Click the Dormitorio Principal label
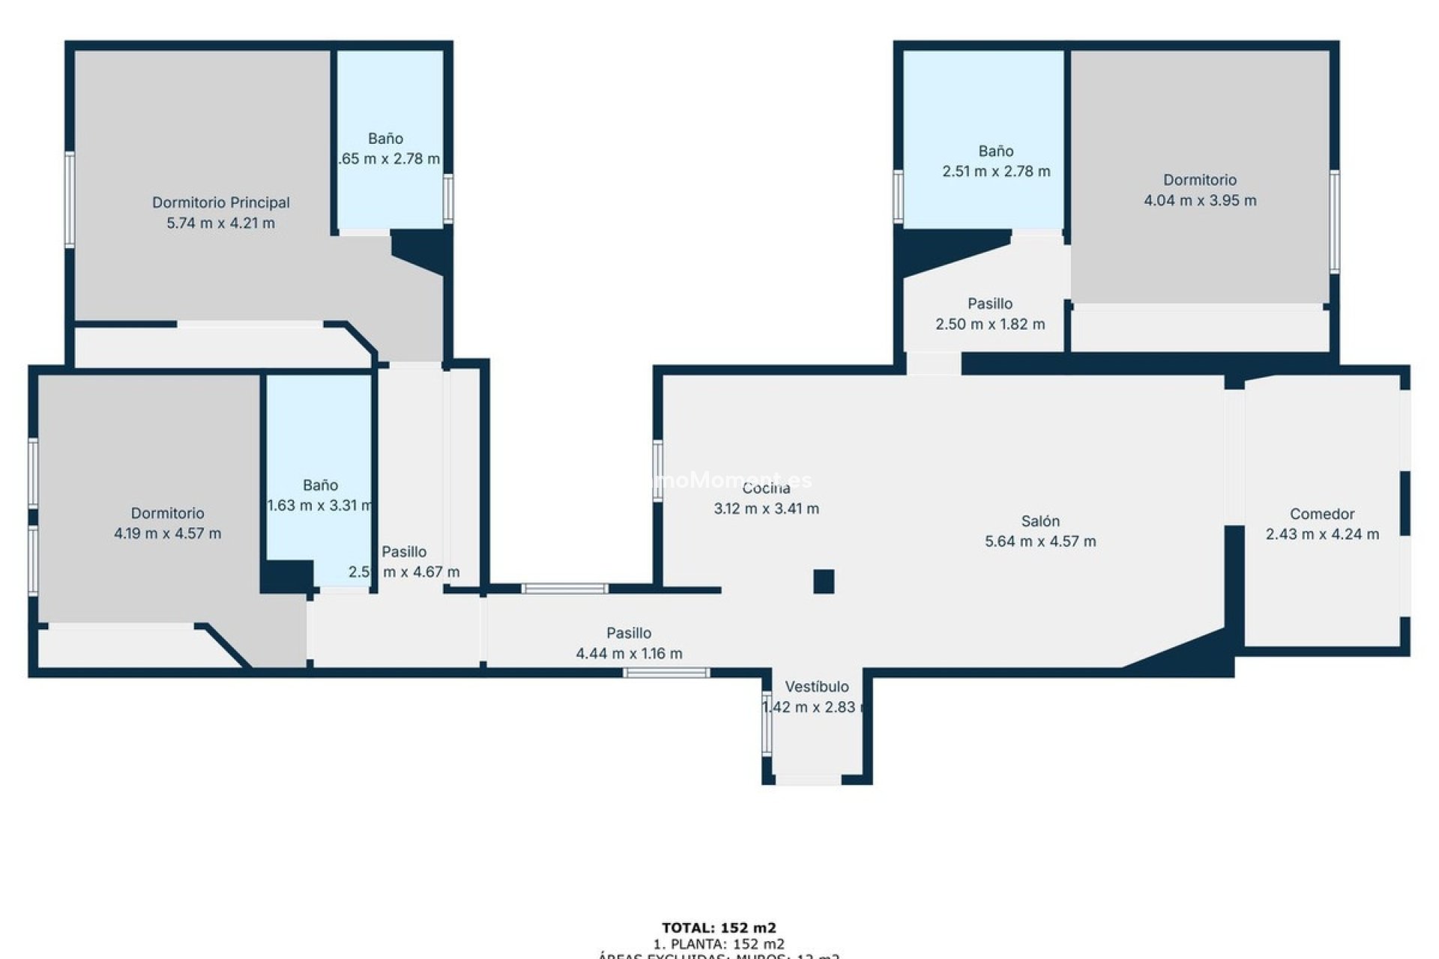(x=220, y=202)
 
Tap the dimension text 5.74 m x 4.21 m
(x=220, y=223)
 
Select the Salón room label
(x=1040, y=521)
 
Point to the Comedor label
(x=1322, y=514)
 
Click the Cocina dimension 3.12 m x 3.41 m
(x=766, y=509)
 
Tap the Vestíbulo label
(x=817, y=686)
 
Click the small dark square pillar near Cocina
(x=824, y=581)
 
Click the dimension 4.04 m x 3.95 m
(x=1200, y=201)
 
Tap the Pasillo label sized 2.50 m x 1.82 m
(x=989, y=303)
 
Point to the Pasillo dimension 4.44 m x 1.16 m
(x=629, y=653)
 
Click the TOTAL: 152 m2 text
(x=719, y=928)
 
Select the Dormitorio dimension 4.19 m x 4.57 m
(x=167, y=534)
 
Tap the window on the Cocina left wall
(x=657, y=471)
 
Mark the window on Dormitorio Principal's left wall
(x=69, y=199)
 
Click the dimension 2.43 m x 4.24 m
(x=1322, y=534)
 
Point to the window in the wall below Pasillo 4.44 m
(x=666, y=673)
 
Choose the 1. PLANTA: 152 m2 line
(x=719, y=944)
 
